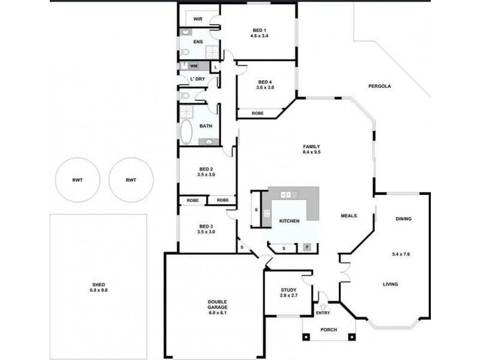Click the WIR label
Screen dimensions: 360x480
197,19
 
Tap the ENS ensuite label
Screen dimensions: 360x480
197,41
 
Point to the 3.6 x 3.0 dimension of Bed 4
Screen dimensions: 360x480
265,88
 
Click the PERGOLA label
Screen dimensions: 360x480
380,86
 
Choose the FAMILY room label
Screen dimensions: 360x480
311,147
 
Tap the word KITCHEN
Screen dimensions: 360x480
289,221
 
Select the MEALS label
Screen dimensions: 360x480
349,216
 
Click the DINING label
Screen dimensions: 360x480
403,219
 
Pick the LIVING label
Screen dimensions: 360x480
391,284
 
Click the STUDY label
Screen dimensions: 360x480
289,290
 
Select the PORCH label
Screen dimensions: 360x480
328,329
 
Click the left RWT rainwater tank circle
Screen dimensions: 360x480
77,180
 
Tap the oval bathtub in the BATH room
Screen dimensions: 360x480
186,132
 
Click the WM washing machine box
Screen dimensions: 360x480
194,65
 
